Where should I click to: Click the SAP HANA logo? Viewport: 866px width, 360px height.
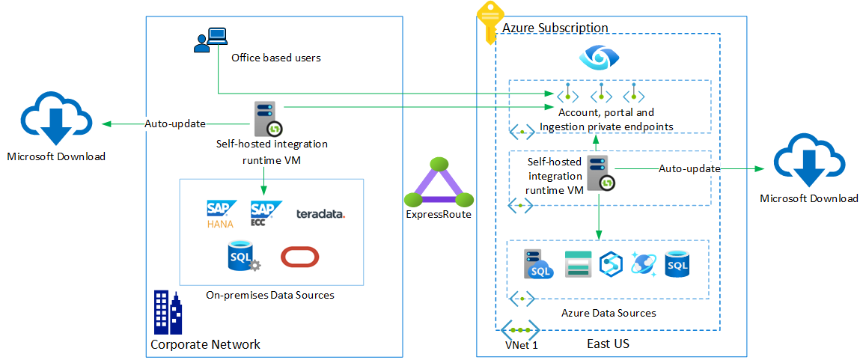coord(221,213)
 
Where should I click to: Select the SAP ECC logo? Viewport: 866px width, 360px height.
coord(265,213)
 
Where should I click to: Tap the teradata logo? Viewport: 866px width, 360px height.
coord(320,214)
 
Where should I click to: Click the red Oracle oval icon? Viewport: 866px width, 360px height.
coord(300,257)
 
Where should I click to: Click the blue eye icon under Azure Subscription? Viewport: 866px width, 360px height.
coord(597,57)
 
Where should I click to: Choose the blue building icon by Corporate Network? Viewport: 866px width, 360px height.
coord(167,312)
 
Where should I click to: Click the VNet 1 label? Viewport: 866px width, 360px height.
coord(521,345)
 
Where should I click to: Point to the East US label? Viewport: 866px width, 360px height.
coord(608,344)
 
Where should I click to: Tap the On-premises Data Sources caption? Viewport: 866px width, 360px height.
coord(270,295)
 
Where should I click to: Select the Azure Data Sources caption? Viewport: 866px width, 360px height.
coord(609,313)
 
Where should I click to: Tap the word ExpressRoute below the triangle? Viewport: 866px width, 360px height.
coord(439,215)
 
